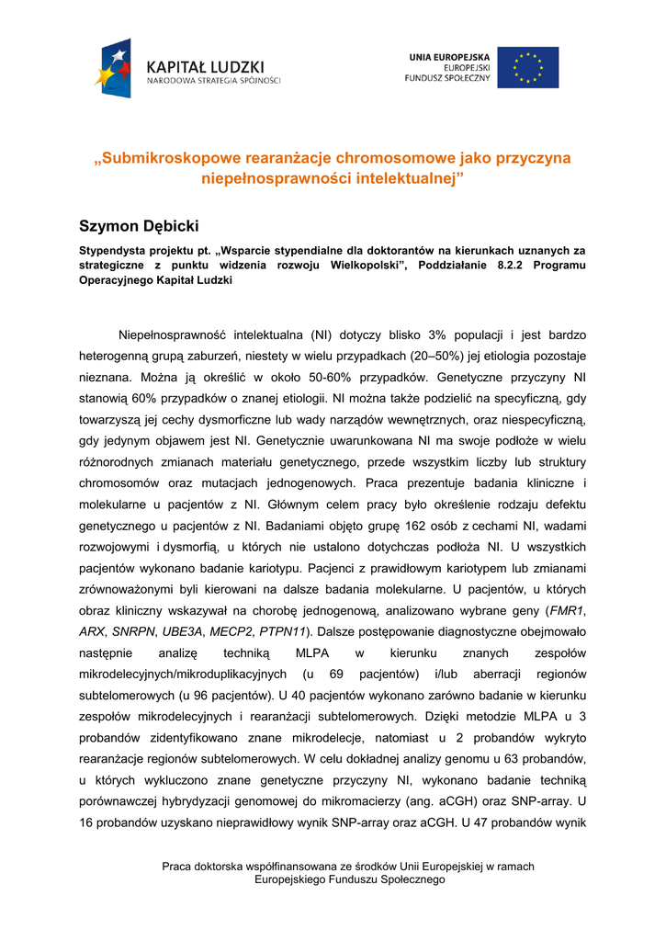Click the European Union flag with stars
click(527, 67)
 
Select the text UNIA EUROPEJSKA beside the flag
click(449, 57)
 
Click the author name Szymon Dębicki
click(139, 226)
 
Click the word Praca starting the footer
click(177, 867)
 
